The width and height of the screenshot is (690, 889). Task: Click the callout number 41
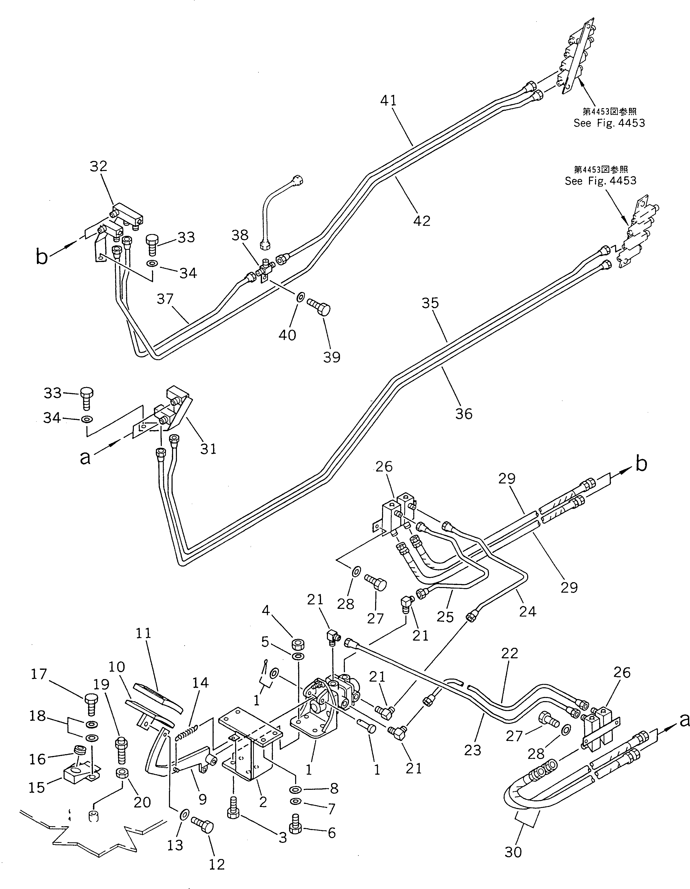[388, 100]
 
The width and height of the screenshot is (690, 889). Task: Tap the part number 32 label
[98, 166]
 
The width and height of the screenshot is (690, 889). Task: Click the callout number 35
[430, 303]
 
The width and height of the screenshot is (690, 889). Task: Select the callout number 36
[463, 414]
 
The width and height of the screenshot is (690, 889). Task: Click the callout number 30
[513, 852]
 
